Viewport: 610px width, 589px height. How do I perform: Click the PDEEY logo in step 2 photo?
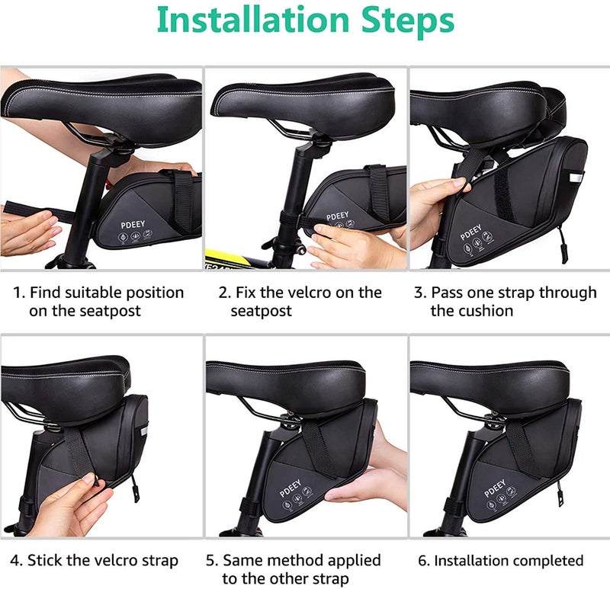click(338, 216)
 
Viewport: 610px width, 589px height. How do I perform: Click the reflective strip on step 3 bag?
click(573, 177)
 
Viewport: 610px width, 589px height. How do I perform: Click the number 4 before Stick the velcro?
click(15, 561)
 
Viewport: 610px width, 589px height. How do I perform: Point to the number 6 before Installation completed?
click(423, 561)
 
